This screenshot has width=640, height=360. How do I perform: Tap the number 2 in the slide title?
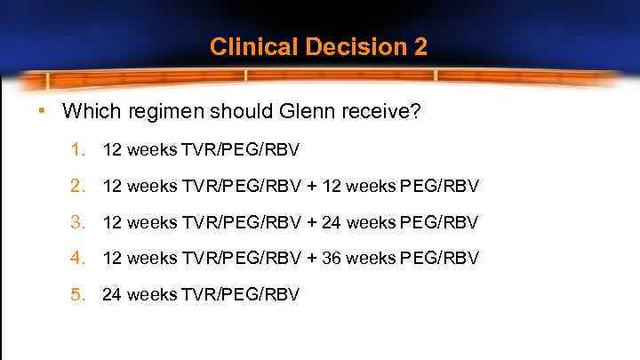tap(420, 47)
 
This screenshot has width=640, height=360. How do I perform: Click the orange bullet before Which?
tap(42, 112)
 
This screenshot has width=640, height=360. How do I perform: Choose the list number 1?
tap(78, 149)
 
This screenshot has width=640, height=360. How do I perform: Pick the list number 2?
tap(78, 186)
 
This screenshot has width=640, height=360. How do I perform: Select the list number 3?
tap(78, 222)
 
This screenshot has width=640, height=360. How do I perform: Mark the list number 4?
tap(78, 258)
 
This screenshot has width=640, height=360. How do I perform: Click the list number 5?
tap(78, 294)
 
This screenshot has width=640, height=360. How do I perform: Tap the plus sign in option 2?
tap(312, 186)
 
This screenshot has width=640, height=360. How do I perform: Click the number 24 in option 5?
tap(112, 294)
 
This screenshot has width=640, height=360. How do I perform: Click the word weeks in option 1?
tap(152, 149)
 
